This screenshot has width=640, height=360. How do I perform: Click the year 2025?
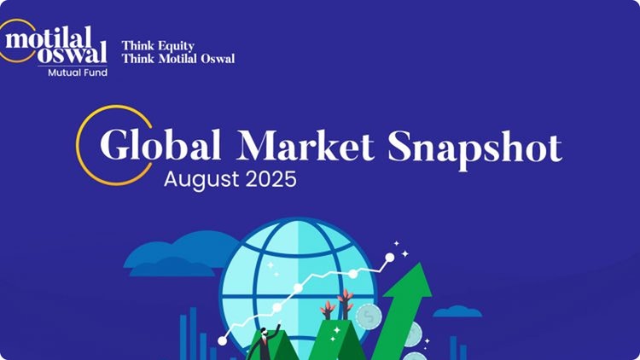[x=271, y=180]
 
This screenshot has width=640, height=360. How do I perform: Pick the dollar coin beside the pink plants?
[x=369, y=317]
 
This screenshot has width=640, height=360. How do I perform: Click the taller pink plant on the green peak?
[x=346, y=302]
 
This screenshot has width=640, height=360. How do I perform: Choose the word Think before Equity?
[x=137, y=45]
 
